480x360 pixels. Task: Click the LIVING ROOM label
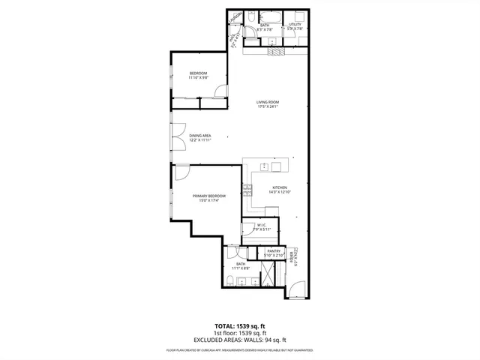point(267,102)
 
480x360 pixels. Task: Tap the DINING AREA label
point(199,136)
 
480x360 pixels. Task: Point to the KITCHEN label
point(280,187)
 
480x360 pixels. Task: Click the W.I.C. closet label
point(262,224)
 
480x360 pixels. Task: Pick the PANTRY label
point(274,251)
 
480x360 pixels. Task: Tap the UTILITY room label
point(295,25)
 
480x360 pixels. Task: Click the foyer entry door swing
point(297,288)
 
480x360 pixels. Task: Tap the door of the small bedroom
point(219,91)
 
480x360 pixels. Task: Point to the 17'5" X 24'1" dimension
point(267,106)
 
